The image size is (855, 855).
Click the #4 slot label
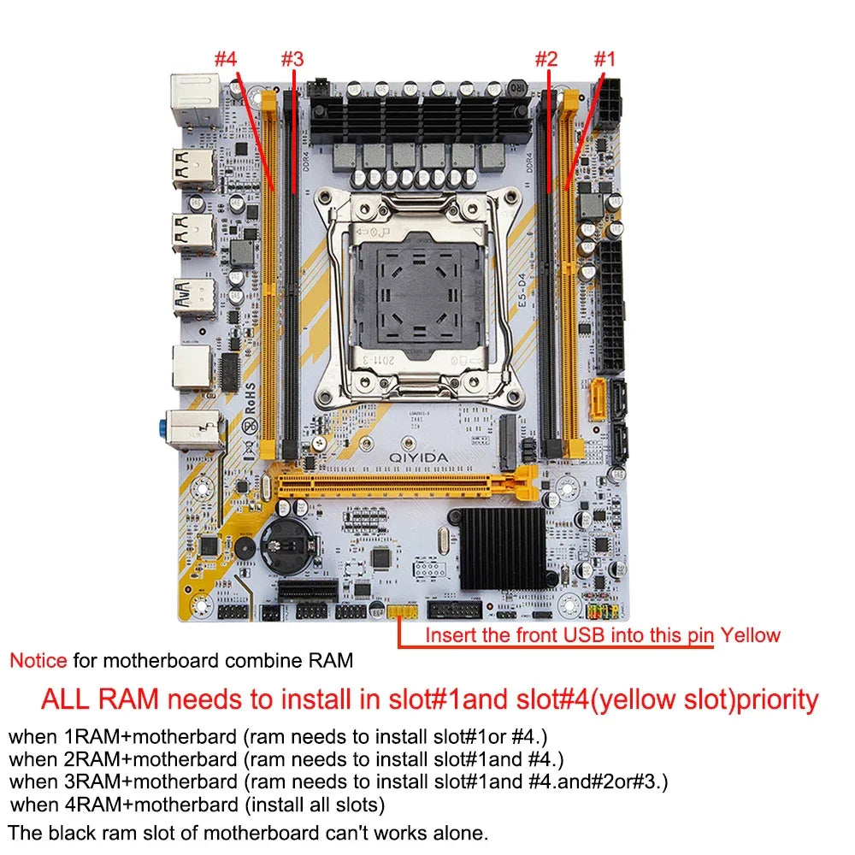tap(225, 59)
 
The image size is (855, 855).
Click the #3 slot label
tap(292, 59)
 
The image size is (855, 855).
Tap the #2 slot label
tap(545, 59)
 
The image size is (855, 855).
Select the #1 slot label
tap(605, 59)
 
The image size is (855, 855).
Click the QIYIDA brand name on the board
tap(418, 457)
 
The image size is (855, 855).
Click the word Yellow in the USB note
tap(750, 634)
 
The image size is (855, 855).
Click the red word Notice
tap(38, 660)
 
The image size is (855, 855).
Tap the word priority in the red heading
tap(778, 699)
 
